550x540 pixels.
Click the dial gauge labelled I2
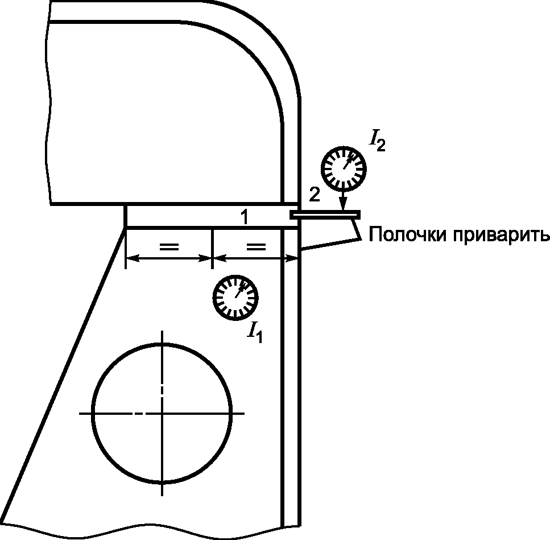coord(344,168)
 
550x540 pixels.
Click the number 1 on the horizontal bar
coord(244,217)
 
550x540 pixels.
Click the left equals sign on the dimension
coord(169,246)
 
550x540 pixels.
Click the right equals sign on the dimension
coord(255,246)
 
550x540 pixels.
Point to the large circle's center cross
coord(163,413)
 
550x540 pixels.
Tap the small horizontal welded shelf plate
coord(325,215)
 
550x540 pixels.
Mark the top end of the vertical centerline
coord(163,331)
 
